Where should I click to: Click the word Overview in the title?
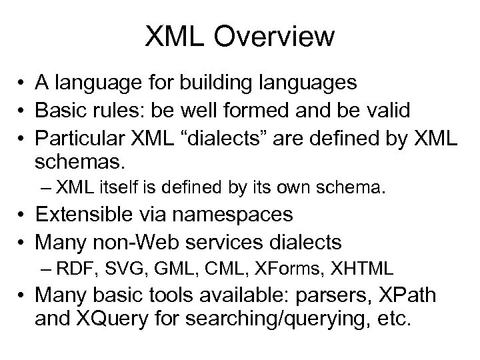tap(277, 37)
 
